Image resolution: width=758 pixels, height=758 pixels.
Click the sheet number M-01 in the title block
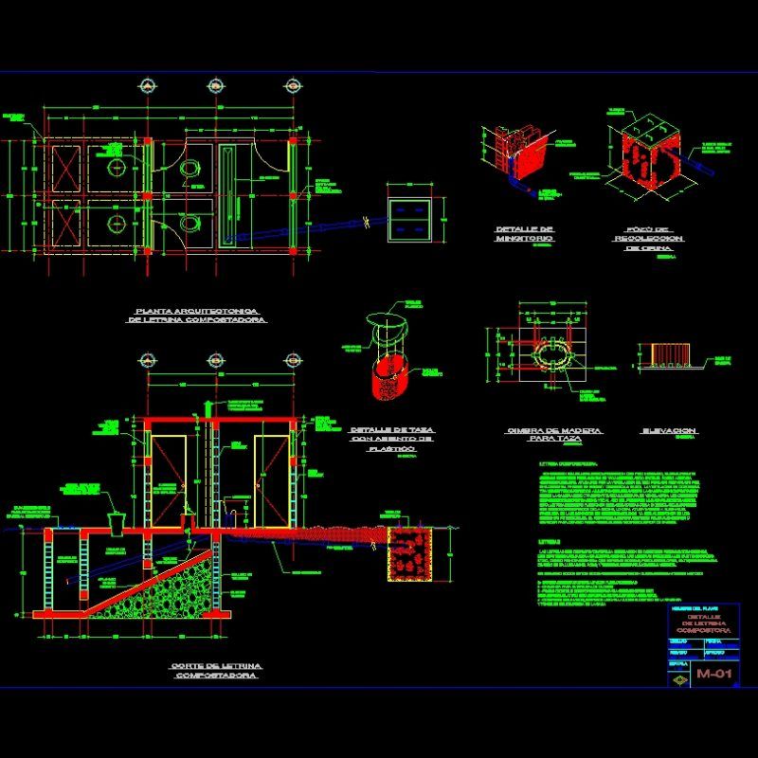715,675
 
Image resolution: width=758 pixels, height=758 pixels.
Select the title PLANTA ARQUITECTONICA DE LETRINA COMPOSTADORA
197,316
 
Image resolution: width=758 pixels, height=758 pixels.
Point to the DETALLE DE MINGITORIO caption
524,234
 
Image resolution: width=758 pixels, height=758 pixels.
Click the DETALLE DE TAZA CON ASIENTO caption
391,439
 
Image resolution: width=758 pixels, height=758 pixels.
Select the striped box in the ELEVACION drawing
669,353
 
